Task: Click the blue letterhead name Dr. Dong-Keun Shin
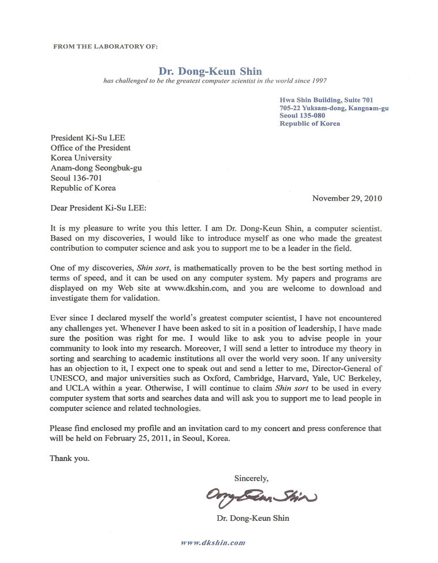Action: click(x=210, y=71)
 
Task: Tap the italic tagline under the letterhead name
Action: click(x=215, y=81)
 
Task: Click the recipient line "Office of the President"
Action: click(x=90, y=148)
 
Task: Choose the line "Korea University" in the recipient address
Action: click(x=81, y=158)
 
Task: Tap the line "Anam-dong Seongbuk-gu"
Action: click(x=96, y=168)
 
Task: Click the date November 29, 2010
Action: click(x=347, y=198)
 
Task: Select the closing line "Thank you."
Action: click(x=70, y=459)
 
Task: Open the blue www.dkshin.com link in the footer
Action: click(x=213, y=542)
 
